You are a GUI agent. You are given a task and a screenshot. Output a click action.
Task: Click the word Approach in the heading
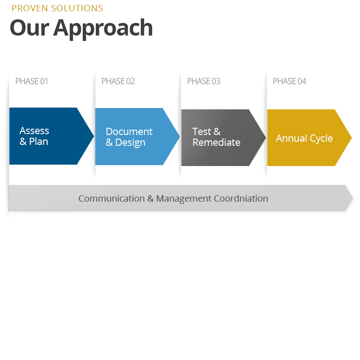(103, 29)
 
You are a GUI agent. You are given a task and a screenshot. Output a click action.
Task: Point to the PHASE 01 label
(31, 81)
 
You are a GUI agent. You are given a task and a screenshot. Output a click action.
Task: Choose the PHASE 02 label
(118, 81)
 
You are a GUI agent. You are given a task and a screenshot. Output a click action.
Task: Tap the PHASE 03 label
(203, 81)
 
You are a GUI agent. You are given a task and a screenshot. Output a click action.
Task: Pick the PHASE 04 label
(289, 81)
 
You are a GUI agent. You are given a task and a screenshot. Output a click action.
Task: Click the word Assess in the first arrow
(34, 131)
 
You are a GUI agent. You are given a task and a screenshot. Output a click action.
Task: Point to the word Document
(129, 132)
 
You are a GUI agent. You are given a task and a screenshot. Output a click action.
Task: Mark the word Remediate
(216, 143)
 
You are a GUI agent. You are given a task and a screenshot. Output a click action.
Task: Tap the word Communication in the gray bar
(112, 198)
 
